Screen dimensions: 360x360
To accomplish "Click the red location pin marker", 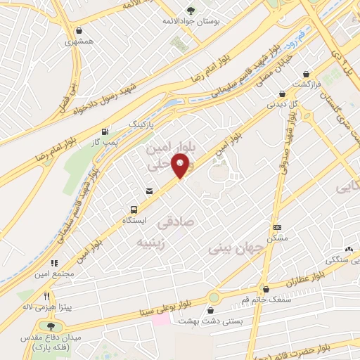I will [181, 167].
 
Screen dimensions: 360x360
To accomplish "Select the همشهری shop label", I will [79, 41].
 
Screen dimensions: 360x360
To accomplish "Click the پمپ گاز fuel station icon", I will [105, 131].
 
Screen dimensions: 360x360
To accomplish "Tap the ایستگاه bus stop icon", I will [133, 209].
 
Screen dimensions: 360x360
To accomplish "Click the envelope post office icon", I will [149, 191].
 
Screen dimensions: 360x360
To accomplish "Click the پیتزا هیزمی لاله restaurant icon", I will [47, 297].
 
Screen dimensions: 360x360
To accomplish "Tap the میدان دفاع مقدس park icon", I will [50, 326].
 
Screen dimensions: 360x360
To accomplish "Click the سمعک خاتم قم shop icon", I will [265, 288].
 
